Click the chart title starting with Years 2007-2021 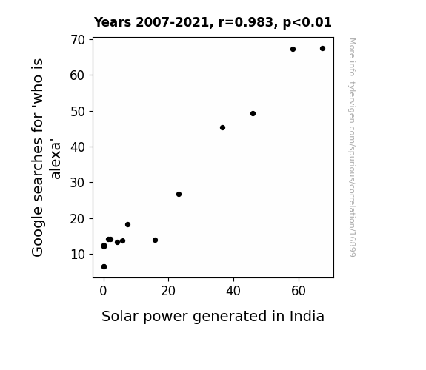tap(213, 22)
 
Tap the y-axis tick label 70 tap(78, 40)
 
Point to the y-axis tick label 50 tap(78, 112)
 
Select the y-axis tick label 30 tap(78, 183)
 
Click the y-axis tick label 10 tap(78, 255)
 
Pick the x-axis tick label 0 tap(103, 291)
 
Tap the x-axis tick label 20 tap(168, 291)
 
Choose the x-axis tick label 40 tap(233, 291)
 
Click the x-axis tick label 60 tap(299, 291)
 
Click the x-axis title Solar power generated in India tap(213, 317)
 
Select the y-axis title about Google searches tap(46, 158)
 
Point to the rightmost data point tap(322, 49)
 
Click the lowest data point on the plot tap(104, 267)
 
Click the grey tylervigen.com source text tap(353, 147)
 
